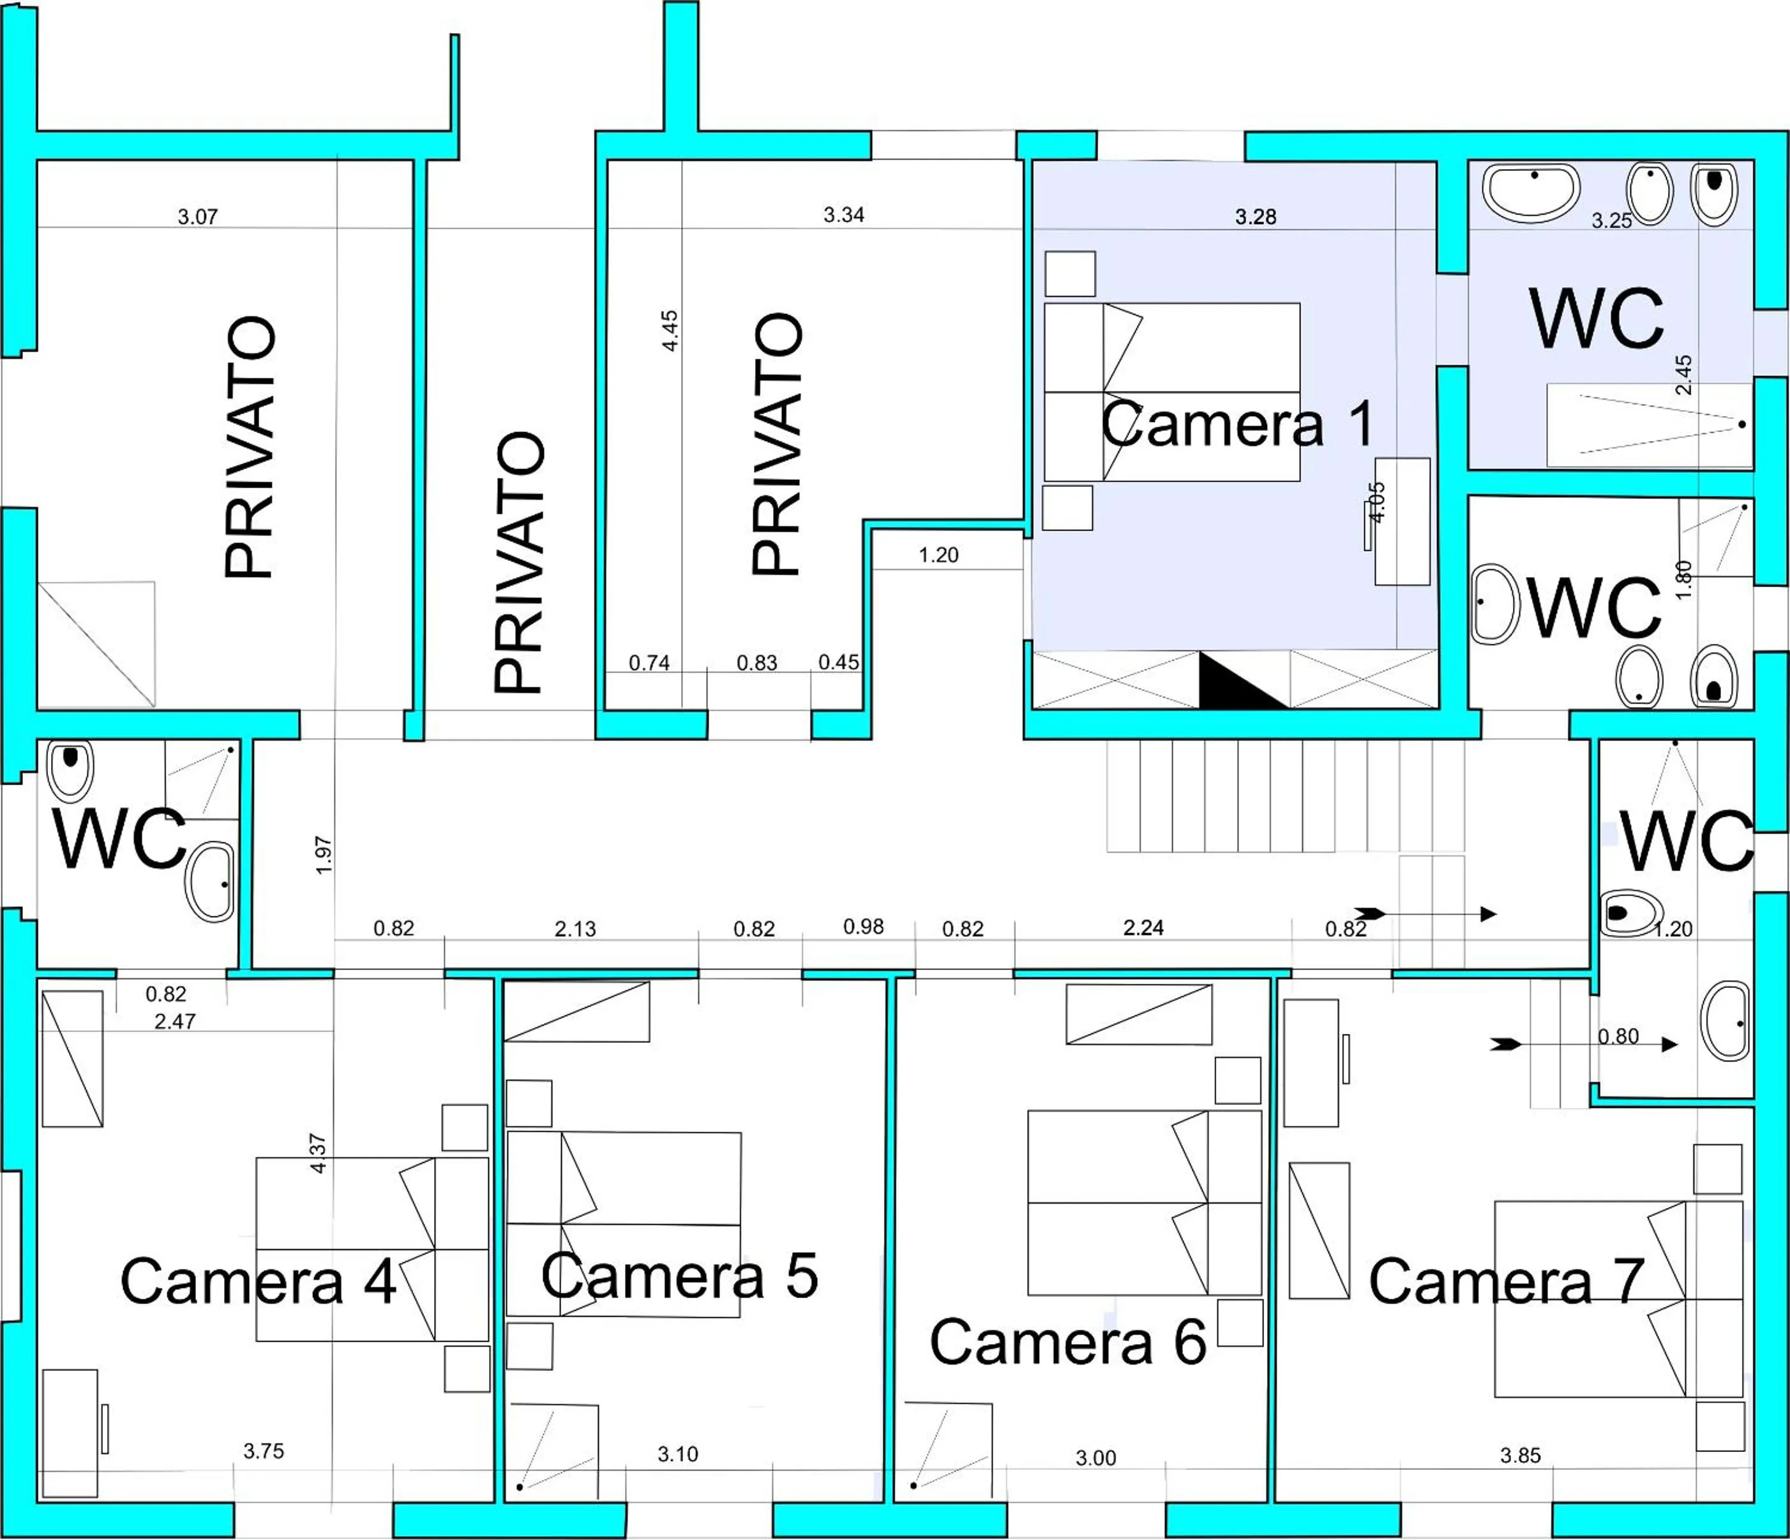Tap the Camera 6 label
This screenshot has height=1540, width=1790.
point(1068,1342)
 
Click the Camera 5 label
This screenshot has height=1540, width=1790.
point(680,1276)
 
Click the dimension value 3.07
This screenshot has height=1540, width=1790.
point(198,217)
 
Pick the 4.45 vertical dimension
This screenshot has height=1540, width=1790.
point(670,331)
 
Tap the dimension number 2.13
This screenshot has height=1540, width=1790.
point(575,929)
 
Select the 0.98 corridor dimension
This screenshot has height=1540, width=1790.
point(863,927)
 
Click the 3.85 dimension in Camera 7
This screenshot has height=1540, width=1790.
point(1521,1455)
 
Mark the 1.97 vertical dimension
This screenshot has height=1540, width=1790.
point(324,855)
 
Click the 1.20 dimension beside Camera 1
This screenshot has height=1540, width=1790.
point(938,555)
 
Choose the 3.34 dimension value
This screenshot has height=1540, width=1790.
point(843,215)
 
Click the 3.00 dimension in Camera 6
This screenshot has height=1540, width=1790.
point(1095,1458)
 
